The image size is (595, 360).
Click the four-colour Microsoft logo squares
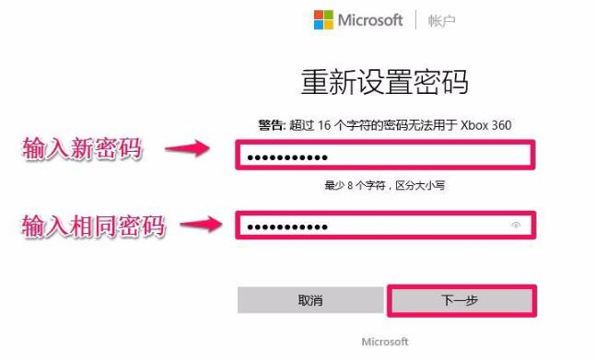tap(323, 20)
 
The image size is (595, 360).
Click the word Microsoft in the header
tap(371, 20)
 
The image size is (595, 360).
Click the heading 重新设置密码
tap(384, 82)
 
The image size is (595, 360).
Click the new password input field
tap(384, 157)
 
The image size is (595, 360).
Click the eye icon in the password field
tap(517, 225)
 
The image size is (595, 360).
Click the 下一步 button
tap(461, 301)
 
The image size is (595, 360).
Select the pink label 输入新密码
tap(83, 149)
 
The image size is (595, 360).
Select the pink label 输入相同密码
tap(93, 225)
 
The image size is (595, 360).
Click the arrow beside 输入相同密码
tap(204, 224)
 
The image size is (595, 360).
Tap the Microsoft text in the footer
tap(384, 342)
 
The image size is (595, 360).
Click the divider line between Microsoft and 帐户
tap(416, 20)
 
